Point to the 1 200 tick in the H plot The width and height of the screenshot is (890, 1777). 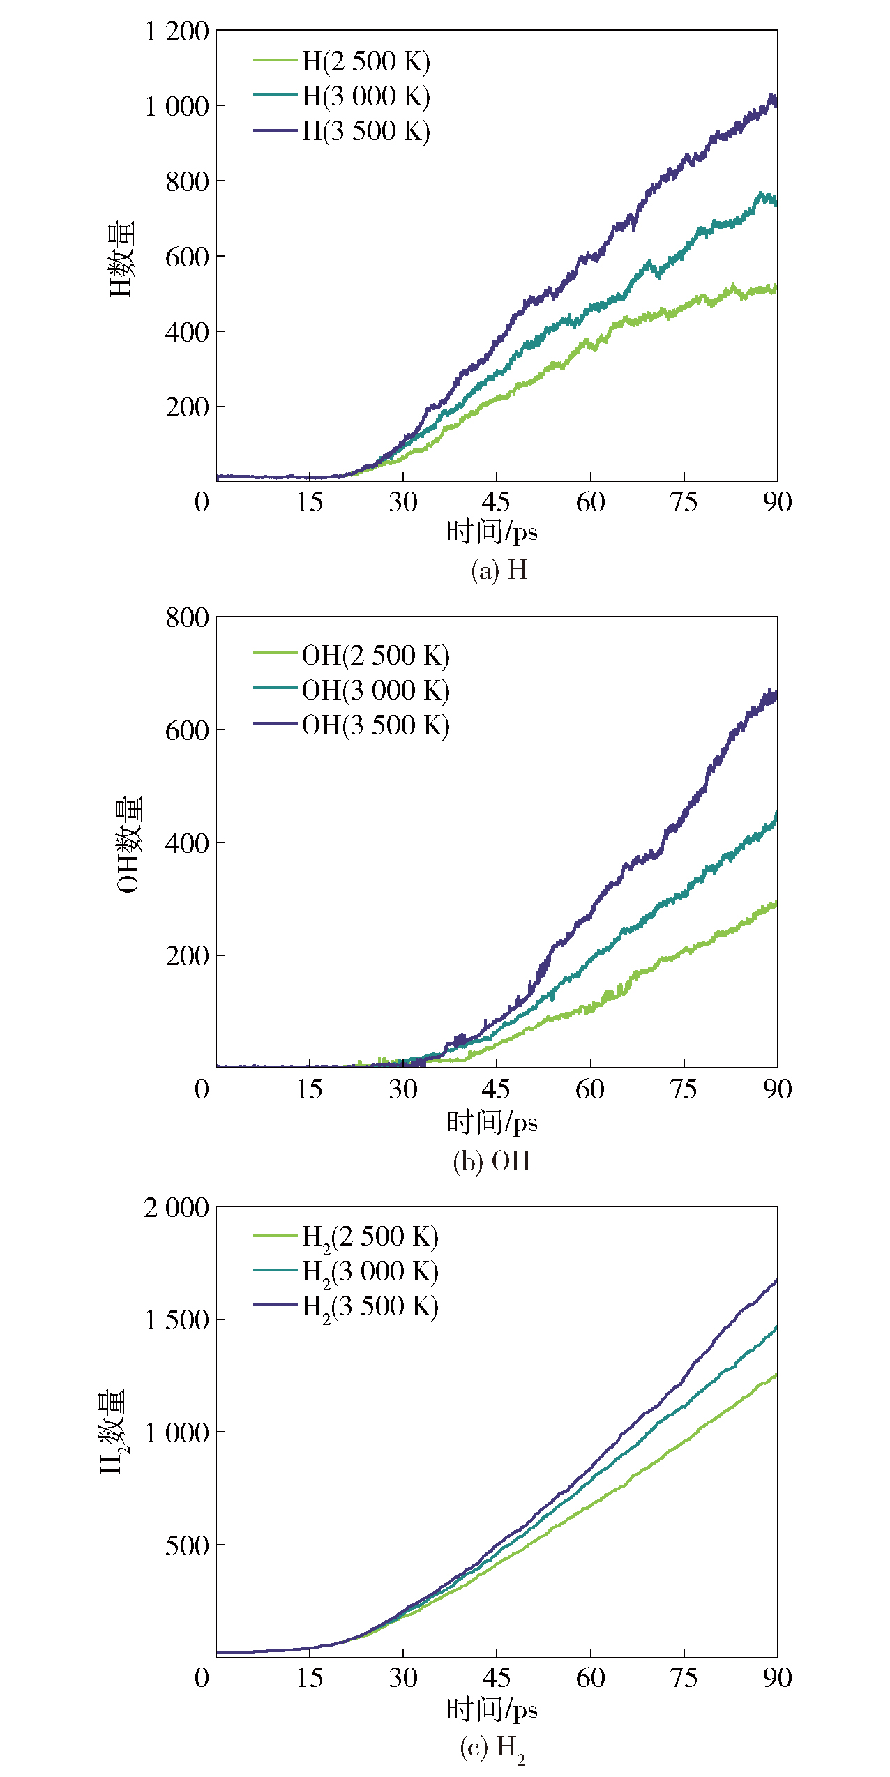pos(176,32)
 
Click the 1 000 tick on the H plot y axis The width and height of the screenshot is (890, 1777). pos(176,107)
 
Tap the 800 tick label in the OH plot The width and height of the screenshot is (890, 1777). pos(187,618)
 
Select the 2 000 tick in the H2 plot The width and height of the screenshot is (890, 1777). pos(176,1208)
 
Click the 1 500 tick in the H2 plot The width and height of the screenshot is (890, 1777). pos(176,1320)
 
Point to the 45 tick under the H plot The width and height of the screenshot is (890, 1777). pos(496,502)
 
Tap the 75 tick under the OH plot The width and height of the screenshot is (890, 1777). pos(684,1089)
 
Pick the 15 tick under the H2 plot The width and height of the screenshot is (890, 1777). pos(309,1678)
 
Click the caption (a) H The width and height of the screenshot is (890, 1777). pos(499,570)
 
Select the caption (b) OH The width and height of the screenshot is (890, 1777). pos(492,1161)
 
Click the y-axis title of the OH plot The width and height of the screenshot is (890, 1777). pos(129,844)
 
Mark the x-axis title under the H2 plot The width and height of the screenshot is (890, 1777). pos(492,1709)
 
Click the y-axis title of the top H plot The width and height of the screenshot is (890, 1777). pos(121,259)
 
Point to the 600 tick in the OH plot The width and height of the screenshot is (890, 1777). pos(187,731)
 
